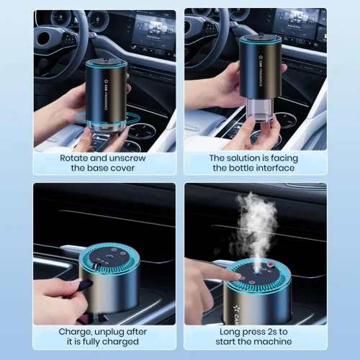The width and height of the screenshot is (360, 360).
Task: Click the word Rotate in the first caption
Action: click(73, 157)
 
